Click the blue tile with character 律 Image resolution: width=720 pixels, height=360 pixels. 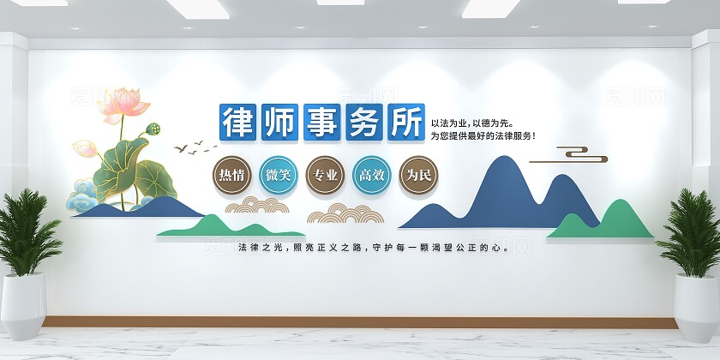(x=240, y=123)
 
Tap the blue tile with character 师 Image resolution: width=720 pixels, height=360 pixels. (x=281, y=123)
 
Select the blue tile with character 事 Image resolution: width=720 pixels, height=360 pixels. (x=323, y=123)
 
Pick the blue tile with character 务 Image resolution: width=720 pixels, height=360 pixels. (x=364, y=123)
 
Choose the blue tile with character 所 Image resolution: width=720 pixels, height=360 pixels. (x=405, y=123)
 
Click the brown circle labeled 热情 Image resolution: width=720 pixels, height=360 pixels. (x=231, y=175)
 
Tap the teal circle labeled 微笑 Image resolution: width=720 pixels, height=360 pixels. (x=278, y=175)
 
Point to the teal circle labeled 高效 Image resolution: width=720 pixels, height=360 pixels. (x=371, y=175)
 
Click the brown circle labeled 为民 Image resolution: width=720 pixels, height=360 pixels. (x=417, y=175)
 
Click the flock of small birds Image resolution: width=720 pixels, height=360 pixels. (x=190, y=147)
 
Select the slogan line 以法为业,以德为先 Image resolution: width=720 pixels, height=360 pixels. (x=472, y=123)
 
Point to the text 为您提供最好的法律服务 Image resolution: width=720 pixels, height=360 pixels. (x=483, y=135)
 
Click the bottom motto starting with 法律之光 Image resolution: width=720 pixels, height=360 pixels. (x=375, y=248)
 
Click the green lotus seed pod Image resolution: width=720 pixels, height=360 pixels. (x=155, y=129)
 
